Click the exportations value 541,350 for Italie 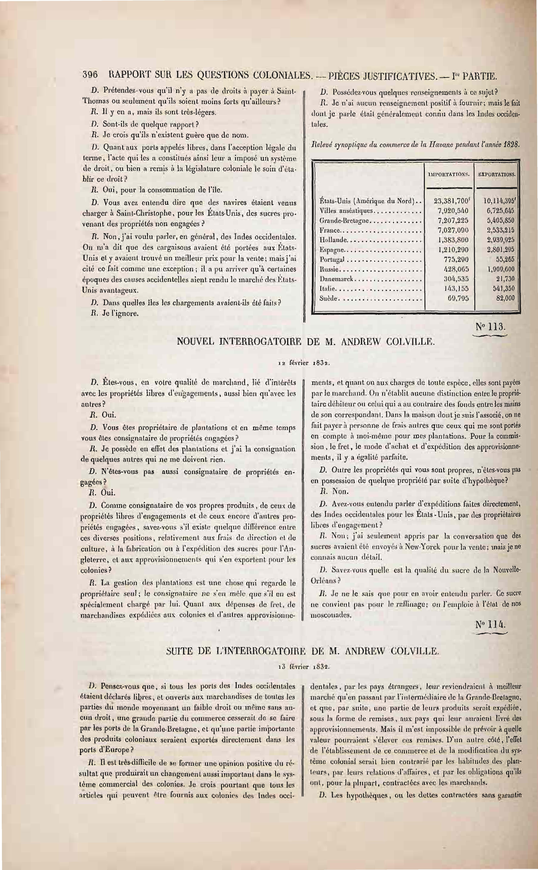(x=503, y=288)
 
